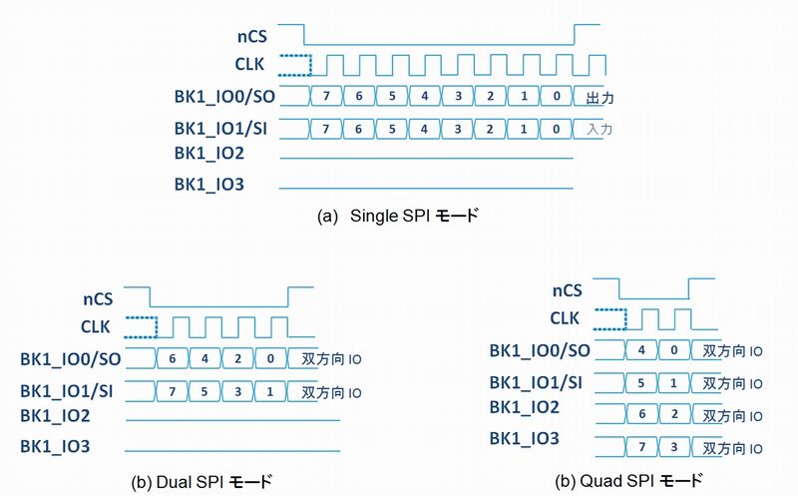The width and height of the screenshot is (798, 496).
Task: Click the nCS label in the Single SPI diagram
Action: point(252,37)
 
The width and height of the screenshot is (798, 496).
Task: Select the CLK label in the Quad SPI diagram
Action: point(565,318)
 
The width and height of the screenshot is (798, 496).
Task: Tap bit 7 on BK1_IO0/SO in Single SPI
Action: point(326,96)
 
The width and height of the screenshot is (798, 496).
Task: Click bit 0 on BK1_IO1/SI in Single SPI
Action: point(557,129)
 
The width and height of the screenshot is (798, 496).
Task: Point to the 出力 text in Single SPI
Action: point(599,97)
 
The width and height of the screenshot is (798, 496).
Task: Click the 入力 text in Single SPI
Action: point(599,130)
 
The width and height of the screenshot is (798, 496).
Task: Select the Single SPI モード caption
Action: point(398,216)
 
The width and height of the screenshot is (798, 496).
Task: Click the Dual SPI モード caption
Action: point(201,482)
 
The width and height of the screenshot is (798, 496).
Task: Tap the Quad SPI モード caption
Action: point(629,481)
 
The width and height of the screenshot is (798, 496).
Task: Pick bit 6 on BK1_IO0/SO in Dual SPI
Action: point(173,358)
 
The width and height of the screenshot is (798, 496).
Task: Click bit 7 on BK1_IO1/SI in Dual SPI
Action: point(172,391)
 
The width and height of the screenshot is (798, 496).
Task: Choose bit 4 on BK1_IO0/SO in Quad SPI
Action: point(641,350)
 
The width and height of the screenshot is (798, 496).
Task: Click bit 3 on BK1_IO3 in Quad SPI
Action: point(674,447)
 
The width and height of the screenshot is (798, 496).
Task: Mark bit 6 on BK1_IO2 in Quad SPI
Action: point(641,414)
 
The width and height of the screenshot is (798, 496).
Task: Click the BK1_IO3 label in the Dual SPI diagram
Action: point(55,447)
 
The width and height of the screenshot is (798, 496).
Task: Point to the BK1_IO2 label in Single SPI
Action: point(209,154)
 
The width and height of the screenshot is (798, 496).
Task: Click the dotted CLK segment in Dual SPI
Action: point(142,327)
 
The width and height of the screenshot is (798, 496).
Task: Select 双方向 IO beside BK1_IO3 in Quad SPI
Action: point(732,449)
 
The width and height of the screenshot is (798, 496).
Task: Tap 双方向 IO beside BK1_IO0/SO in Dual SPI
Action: point(331,359)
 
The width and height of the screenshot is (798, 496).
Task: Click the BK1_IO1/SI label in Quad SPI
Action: point(536,382)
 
